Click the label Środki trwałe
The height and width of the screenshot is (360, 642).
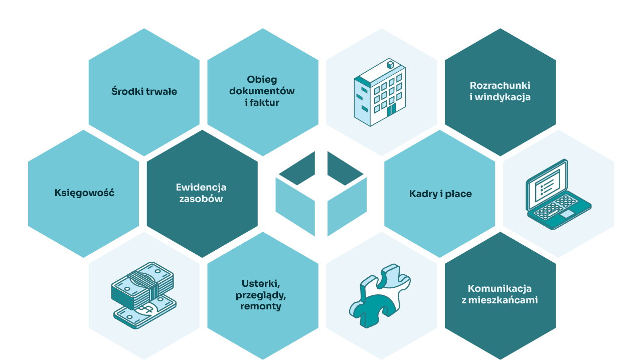(144, 92)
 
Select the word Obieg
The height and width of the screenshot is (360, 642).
(262, 80)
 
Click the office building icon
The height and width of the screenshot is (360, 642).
(380, 93)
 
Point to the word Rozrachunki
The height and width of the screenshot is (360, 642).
(500, 85)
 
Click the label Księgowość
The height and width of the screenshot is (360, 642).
(84, 193)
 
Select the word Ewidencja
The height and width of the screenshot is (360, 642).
(201, 187)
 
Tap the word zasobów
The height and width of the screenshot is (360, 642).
(201, 199)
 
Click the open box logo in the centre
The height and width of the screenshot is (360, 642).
(321, 194)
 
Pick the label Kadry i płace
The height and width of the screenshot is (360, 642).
(440, 194)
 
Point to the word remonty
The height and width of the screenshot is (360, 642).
(261, 306)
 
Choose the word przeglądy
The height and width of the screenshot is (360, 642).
(261, 295)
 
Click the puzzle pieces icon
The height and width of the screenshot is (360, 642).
(380, 296)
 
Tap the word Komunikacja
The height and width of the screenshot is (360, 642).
(500, 289)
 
